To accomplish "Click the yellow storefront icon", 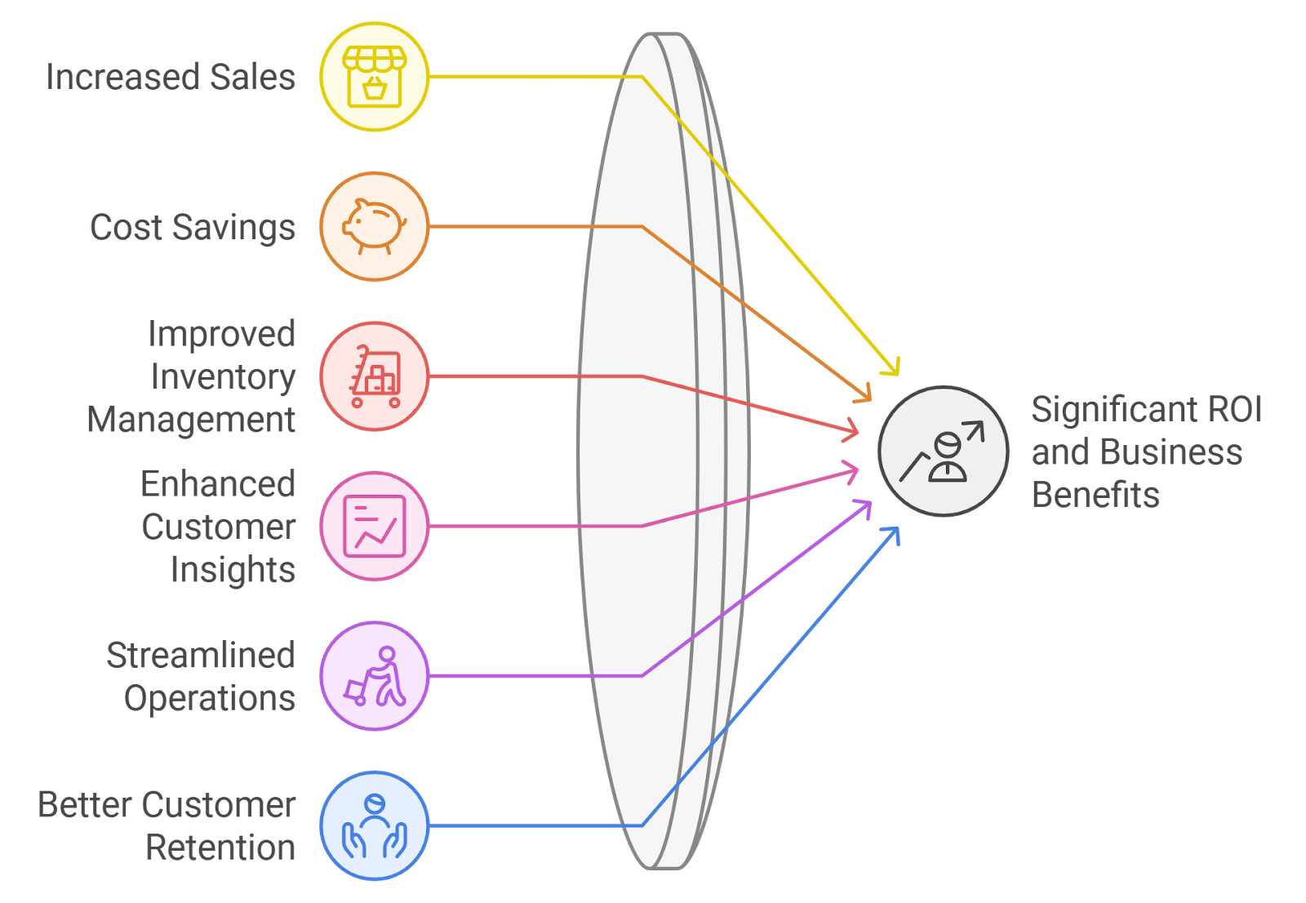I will [374, 77].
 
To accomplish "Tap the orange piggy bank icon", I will [374, 226].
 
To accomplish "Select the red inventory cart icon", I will [374, 376].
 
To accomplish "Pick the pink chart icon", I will [374, 526].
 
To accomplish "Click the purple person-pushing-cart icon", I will [374, 676].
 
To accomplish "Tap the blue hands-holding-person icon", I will [374, 825].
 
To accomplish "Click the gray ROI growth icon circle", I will [943, 451].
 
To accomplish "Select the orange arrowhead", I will [865, 394].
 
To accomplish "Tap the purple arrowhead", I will [865, 508].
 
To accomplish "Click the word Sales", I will [252, 77].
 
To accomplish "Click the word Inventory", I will [223, 377].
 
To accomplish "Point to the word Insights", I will [233, 570].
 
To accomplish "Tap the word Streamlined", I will [201, 656].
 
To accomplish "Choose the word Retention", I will [220, 847].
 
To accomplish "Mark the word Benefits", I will [1095, 495].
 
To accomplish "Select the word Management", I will [191, 420].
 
